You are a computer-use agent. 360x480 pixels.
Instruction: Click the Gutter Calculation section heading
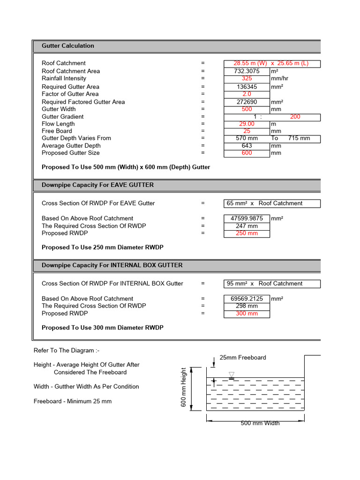68,46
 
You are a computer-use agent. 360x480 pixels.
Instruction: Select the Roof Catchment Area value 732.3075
247,71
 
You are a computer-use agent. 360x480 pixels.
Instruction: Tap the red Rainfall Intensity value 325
247,79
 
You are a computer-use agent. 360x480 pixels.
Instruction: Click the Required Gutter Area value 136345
247,87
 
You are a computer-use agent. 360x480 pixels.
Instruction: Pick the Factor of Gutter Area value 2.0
247,94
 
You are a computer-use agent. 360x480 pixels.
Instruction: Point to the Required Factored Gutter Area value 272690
247,102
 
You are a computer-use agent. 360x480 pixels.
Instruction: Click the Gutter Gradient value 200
295,117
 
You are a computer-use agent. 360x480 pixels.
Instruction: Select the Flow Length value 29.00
247,124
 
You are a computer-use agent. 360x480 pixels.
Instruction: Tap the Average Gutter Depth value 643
247,146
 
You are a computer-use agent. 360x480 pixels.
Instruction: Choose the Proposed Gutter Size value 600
247,153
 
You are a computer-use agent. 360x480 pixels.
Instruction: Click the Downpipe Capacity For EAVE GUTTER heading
97,185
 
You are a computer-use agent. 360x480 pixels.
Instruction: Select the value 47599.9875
247,218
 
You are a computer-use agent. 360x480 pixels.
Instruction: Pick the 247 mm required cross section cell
247,226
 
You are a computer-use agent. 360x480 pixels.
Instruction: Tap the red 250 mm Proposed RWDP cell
247,233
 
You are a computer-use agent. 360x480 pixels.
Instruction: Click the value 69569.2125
247,299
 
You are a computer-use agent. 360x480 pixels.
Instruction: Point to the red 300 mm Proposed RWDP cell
247,314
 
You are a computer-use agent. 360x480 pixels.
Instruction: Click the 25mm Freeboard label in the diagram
243,358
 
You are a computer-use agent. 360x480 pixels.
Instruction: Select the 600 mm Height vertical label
184,388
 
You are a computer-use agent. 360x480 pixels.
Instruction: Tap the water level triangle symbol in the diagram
231,375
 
